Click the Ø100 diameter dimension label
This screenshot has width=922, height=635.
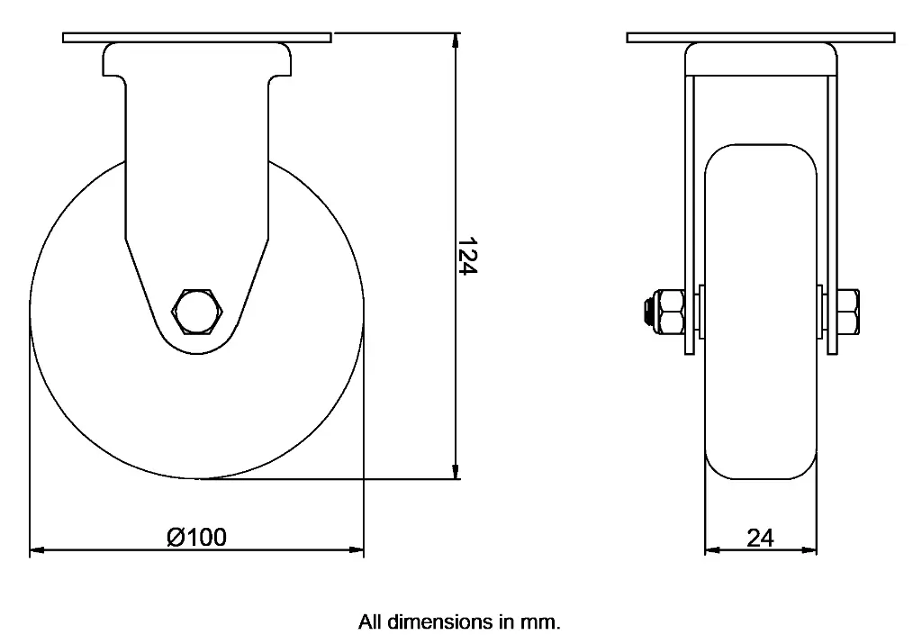coord(196,538)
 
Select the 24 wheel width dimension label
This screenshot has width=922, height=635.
coord(760,538)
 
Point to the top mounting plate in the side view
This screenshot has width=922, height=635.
coord(197,38)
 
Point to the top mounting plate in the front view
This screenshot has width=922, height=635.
coord(761,38)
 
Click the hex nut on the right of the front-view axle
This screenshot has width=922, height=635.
coord(848,311)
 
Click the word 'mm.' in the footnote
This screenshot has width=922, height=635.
coord(543,621)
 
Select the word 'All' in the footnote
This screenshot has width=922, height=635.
coord(370,621)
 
